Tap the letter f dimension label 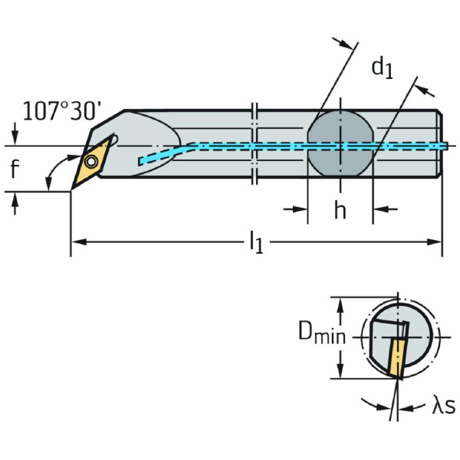tap(15, 169)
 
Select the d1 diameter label tap(382, 67)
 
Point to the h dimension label tap(340, 210)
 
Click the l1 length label tap(255, 244)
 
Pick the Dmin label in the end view tap(322, 334)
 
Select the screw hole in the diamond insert tap(91, 162)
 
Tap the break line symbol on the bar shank tap(256, 143)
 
